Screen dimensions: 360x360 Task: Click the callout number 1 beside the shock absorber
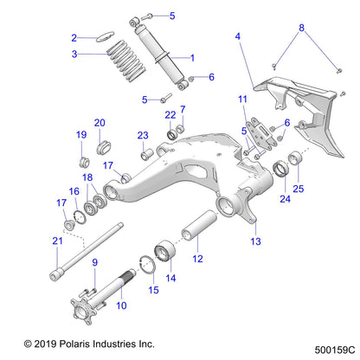(x=192, y=58)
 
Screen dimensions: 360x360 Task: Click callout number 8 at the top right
(x=301, y=27)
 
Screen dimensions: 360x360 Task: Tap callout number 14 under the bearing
(x=170, y=279)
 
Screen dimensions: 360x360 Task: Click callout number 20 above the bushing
(x=100, y=123)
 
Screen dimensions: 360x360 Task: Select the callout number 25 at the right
(x=299, y=188)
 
